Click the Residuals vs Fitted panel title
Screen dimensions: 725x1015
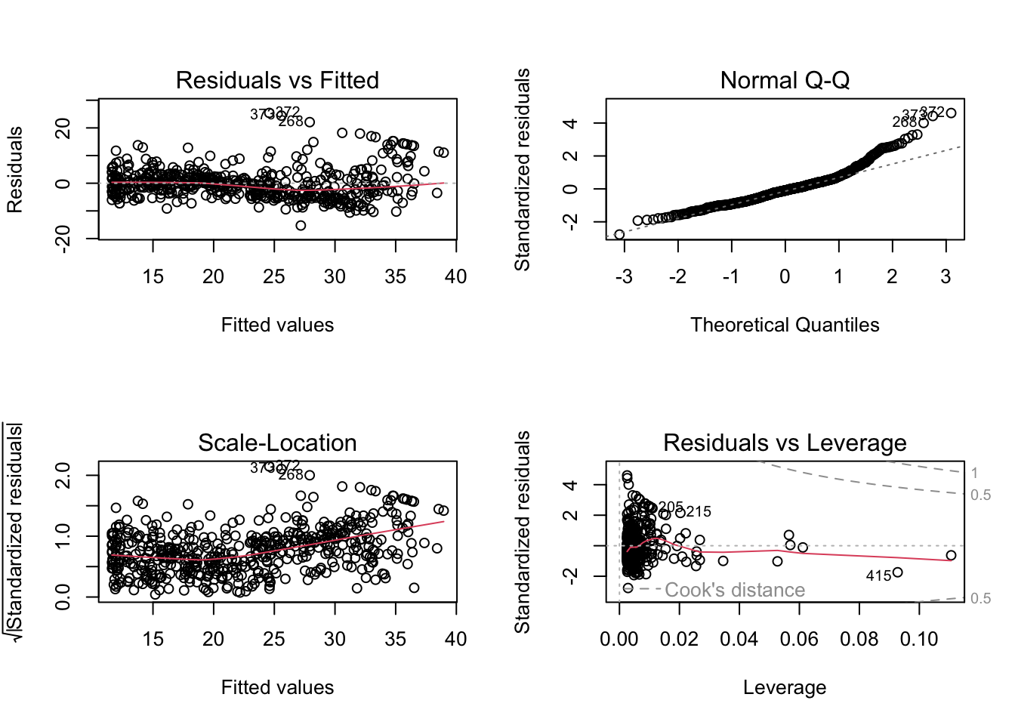pyautogui.click(x=277, y=80)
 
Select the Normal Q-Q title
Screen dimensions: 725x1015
pyautogui.click(x=785, y=80)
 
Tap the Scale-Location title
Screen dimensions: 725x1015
pyautogui.click(x=277, y=443)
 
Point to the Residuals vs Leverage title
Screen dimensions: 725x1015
pyautogui.click(x=785, y=443)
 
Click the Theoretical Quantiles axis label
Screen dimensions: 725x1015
pyautogui.click(x=785, y=325)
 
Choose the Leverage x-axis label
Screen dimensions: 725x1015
pyautogui.click(x=785, y=687)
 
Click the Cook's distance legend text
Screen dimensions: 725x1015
pyautogui.click(x=735, y=590)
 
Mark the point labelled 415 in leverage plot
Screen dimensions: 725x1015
pyautogui.click(x=897, y=572)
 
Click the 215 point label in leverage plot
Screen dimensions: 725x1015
pyautogui.click(x=699, y=511)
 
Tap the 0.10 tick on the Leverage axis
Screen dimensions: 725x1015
pyautogui.click(x=919, y=639)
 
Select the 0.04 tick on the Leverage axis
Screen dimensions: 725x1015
pyautogui.click(x=739, y=639)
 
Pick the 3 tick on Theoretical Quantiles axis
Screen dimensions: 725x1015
pyautogui.click(x=946, y=276)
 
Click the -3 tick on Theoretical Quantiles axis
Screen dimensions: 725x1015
pyautogui.click(x=624, y=276)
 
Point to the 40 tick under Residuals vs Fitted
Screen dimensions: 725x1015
pyautogui.click(x=456, y=276)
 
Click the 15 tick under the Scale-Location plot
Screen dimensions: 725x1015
pyautogui.click(x=153, y=639)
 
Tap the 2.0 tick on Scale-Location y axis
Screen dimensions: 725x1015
pyautogui.click(x=63, y=476)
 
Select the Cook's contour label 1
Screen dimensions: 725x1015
pyautogui.click(x=975, y=473)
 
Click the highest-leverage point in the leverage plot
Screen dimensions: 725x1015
pyautogui.click(x=951, y=555)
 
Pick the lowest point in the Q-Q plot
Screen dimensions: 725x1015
pyautogui.click(x=619, y=235)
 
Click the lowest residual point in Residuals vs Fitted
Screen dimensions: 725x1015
pyautogui.click(x=301, y=225)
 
